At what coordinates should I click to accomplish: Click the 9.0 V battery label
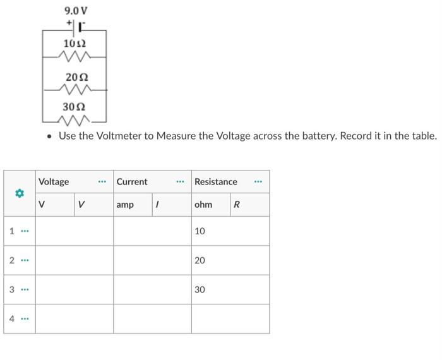tap(76, 11)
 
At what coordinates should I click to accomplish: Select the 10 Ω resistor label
tap(75, 43)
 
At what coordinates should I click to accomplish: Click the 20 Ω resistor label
tap(76, 76)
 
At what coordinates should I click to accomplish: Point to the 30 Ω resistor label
tap(76, 107)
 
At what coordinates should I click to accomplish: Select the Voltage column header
tap(54, 181)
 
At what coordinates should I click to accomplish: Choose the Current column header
tap(132, 181)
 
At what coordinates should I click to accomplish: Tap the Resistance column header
tap(216, 181)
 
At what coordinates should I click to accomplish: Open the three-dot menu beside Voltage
tap(102, 182)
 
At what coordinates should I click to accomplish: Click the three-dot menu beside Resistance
tap(258, 182)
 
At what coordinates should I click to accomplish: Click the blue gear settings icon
tap(20, 193)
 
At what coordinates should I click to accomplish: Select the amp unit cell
tap(126, 205)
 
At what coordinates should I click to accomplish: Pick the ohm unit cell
tap(204, 205)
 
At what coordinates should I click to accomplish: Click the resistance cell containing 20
tap(230, 260)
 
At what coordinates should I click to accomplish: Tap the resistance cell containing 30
tap(230, 289)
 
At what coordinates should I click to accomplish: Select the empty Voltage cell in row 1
tap(74, 231)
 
